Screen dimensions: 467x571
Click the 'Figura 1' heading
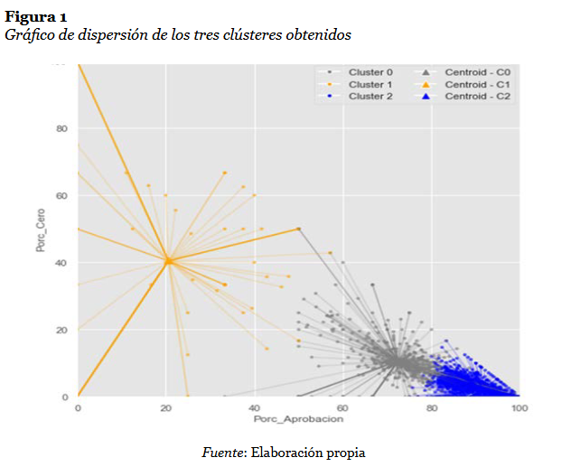pyautogui.click(x=35, y=15)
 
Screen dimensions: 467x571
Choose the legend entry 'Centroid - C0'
pyautogui.click(x=478, y=71)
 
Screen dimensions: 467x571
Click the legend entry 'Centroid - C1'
pyautogui.click(x=478, y=83)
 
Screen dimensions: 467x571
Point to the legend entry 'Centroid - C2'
pyautogui.click(x=478, y=95)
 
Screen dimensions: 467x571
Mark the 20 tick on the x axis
pyautogui.click(x=166, y=408)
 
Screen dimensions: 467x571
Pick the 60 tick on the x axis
pyautogui.click(x=343, y=408)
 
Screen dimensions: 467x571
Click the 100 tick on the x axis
pyautogui.click(x=519, y=408)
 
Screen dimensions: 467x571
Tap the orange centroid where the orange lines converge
pyautogui.click(x=167, y=261)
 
